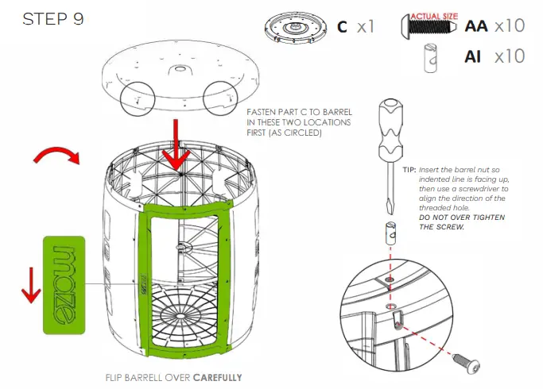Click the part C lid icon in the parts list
pos(293,26)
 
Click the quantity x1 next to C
pos(365,26)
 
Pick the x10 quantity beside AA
pos(509,25)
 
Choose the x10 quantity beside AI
pos(509,57)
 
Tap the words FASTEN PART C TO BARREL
pos(298,114)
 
